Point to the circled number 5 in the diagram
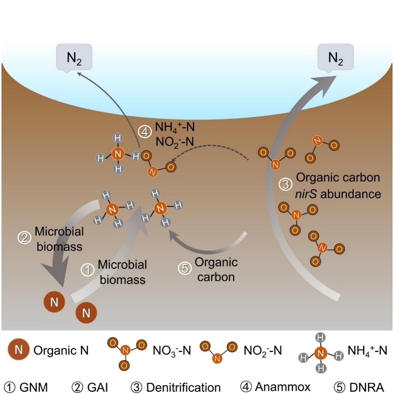(184, 268)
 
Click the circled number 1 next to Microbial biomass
(88, 271)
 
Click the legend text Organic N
(61, 350)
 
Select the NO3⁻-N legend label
(172, 350)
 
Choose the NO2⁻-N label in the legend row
(263, 350)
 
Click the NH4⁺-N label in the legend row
(367, 350)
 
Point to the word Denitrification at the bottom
(184, 387)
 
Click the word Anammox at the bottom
(282, 387)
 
